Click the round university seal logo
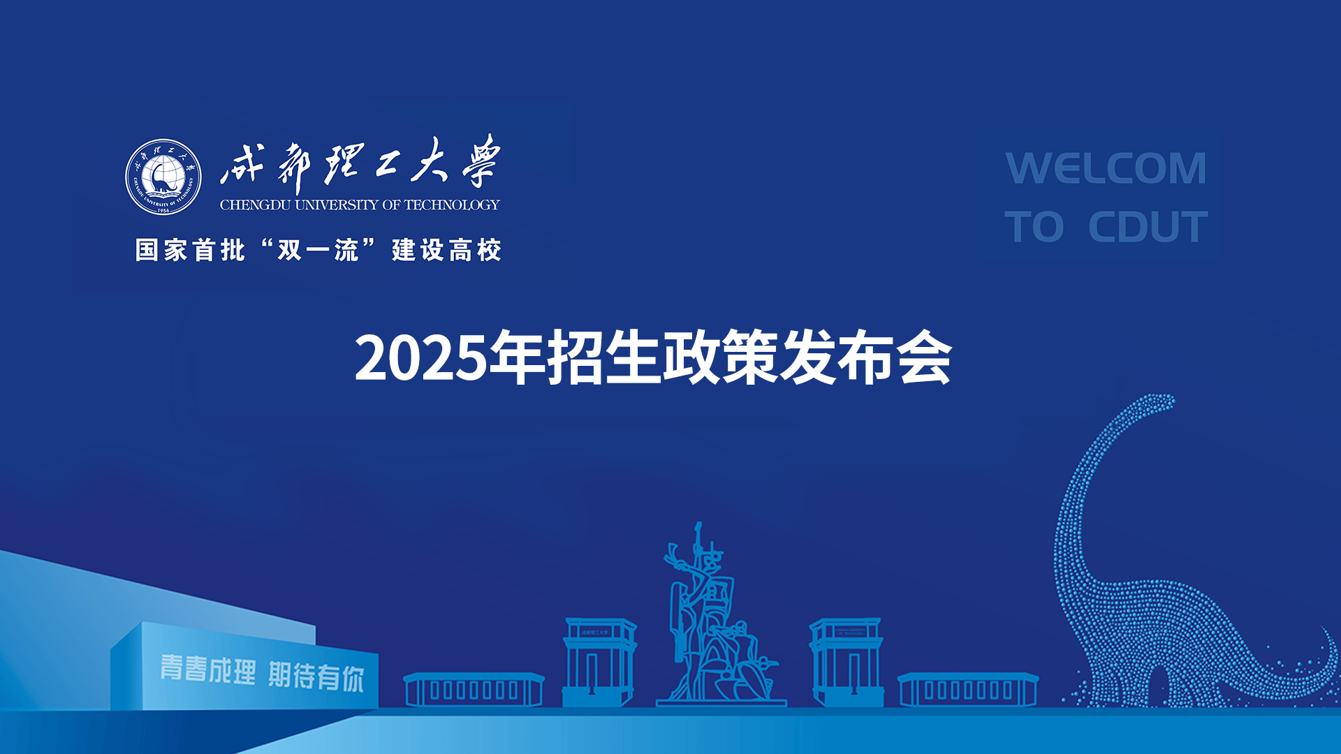coord(163,177)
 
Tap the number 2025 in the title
coord(421,358)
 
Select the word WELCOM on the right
coord(1106,168)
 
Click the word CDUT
coord(1148,227)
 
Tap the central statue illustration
coord(719,614)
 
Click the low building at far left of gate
coord(474,690)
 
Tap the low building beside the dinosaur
coord(968,690)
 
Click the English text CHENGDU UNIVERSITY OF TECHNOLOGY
coord(360,205)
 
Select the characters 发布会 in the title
coord(866,358)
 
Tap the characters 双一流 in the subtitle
coord(318,250)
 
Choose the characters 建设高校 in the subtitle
coord(446,250)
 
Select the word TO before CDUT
coord(1034,227)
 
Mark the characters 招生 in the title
coord(604,358)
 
